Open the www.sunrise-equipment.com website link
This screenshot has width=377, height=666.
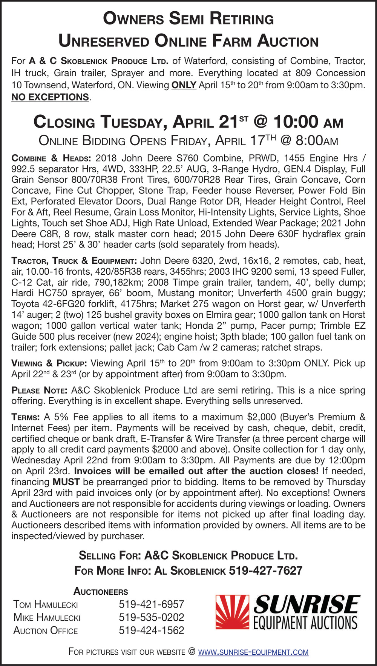(253, 652)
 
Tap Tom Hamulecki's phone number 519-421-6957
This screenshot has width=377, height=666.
(152, 604)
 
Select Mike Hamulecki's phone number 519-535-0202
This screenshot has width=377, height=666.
(152, 617)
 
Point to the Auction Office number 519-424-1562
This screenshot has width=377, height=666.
(152, 631)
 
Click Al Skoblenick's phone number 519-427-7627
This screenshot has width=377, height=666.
(265, 571)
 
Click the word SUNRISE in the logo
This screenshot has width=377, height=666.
(307, 604)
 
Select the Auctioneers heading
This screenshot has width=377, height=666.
(101, 591)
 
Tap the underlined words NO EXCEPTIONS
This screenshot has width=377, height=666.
(50, 97)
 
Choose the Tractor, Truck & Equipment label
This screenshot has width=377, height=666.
(74, 261)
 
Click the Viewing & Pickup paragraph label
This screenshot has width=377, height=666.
(49, 363)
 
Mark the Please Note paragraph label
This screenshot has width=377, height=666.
(39, 390)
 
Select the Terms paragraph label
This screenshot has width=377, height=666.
(26, 417)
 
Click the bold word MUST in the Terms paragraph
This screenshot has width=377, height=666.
(66, 482)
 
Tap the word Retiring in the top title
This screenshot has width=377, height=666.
(242, 18)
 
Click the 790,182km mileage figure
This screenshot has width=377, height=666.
(114, 282)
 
